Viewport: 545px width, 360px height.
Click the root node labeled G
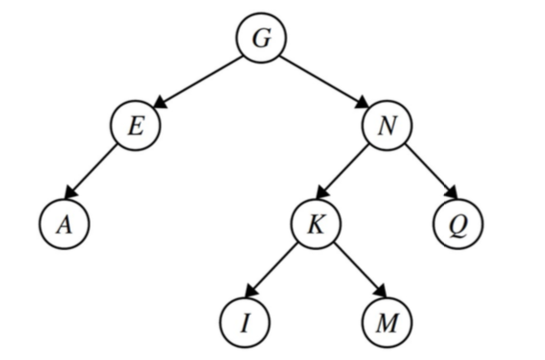(x=262, y=39)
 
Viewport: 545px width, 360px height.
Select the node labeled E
(x=135, y=125)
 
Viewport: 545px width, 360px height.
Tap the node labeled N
(x=388, y=125)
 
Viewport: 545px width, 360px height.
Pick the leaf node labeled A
(x=64, y=224)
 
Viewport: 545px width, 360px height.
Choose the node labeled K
(x=316, y=224)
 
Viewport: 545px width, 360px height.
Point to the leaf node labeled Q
(x=459, y=224)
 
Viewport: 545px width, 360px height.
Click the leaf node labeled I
(x=245, y=321)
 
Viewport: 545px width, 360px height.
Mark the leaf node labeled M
(x=386, y=321)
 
